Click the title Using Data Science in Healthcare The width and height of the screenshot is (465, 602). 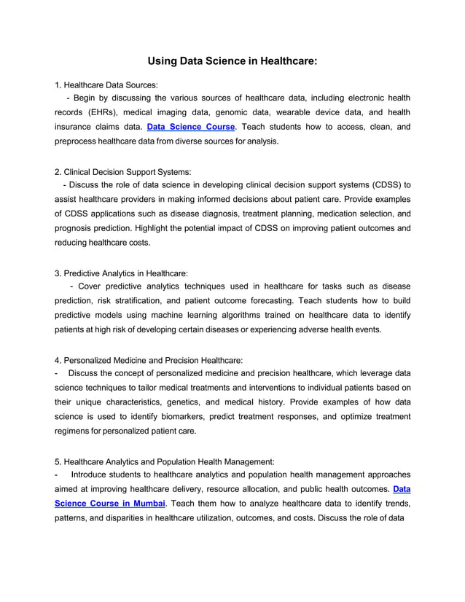232,62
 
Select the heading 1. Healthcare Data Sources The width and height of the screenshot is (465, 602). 106,85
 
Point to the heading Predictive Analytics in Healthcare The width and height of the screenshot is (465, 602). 121,273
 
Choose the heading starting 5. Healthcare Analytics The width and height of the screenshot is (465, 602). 165,461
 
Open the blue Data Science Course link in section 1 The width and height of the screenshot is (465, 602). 191,127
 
